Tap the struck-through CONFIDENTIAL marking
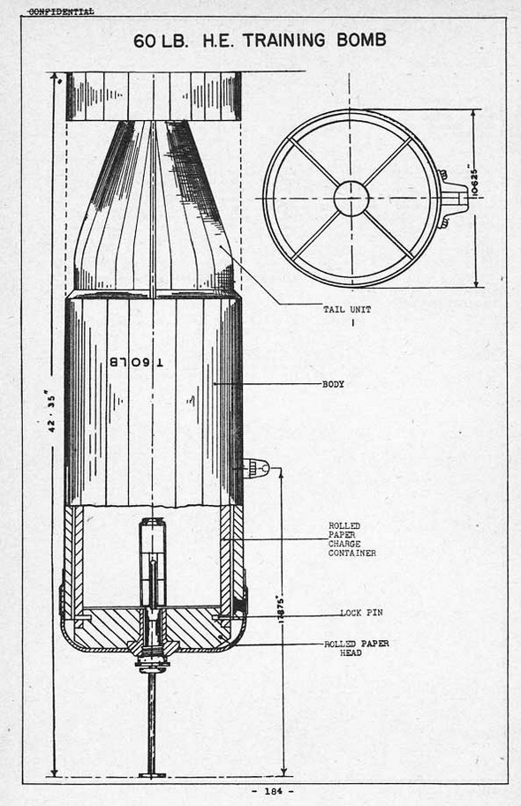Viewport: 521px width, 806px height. click(61, 11)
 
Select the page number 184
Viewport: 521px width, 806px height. click(273, 792)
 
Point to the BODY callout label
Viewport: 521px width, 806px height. click(333, 384)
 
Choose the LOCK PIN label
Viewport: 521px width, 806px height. click(361, 613)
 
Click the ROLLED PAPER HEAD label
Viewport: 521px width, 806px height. click(357, 648)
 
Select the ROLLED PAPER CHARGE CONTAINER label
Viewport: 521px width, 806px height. click(352, 539)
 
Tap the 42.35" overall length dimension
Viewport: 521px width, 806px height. click(51, 411)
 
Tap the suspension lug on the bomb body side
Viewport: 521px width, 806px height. click(255, 468)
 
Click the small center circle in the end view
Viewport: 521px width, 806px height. click(351, 199)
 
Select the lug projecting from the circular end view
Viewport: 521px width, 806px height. click(453, 198)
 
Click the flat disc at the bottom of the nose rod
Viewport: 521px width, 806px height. click(152, 774)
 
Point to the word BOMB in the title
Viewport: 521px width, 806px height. click(361, 40)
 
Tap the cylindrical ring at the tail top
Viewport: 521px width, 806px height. click(154, 96)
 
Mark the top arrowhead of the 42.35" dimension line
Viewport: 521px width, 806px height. click(54, 76)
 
